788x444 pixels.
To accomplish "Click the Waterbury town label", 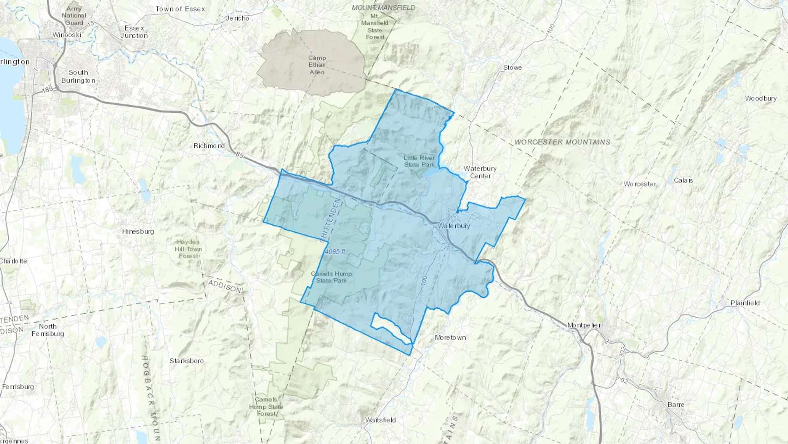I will tap(454, 226).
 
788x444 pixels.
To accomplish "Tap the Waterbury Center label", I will tap(480, 172).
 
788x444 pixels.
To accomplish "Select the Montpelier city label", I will tap(584, 325).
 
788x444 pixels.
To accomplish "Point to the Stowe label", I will tap(512, 67).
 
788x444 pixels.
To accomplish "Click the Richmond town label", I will tap(209, 146).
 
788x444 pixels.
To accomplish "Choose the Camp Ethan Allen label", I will tap(317, 65).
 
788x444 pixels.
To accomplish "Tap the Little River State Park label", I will tap(419, 161).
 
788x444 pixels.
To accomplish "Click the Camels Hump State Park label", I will tap(331, 277).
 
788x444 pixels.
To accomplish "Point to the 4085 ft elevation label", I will tap(335, 252).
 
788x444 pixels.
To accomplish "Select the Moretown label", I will tap(450, 337).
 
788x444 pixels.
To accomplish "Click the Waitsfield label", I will tap(380, 420).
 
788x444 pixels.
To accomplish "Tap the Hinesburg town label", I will tap(138, 231).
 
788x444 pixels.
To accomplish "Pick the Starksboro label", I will tap(186, 361).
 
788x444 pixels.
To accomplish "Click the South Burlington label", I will tap(78, 76).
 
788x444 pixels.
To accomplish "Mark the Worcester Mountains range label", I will tap(562, 142).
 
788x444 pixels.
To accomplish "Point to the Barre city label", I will tap(675, 405).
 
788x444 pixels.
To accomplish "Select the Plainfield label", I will tap(745, 303).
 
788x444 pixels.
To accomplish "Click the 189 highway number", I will tap(48, 89).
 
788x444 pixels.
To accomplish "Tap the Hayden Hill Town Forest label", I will tap(188, 249).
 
